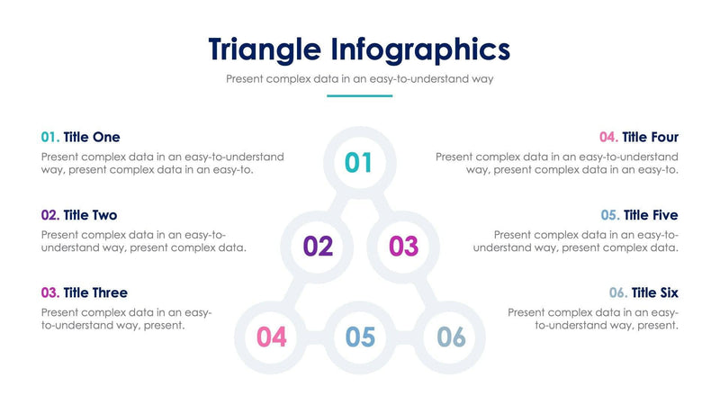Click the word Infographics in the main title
(424, 49)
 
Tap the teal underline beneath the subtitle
(359, 95)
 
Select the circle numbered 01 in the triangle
(359, 162)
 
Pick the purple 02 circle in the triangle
(318, 246)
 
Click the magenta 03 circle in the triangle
(404, 246)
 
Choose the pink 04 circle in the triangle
(272, 337)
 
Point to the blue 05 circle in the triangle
(360, 337)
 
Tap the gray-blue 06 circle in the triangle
(451, 337)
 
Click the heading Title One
(92, 137)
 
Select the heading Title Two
(90, 215)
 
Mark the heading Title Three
(95, 292)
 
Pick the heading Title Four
(651, 137)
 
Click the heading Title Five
(651, 215)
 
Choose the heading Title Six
(655, 292)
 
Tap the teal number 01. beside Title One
(50, 137)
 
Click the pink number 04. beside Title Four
(608, 137)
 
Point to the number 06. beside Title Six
(617, 292)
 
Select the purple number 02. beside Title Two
(50, 215)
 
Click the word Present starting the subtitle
(247, 79)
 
